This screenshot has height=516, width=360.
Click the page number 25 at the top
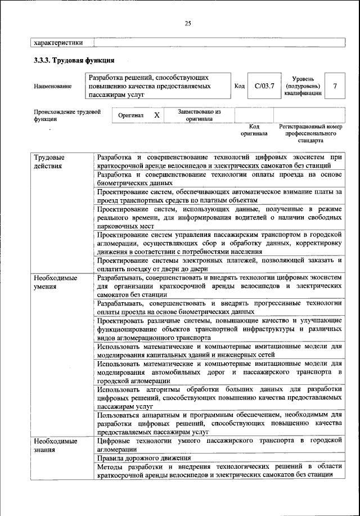click(x=187, y=23)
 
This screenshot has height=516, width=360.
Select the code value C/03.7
click(x=264, y=86)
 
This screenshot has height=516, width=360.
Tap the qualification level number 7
click(x=335, y=86)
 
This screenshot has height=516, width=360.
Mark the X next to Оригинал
click(x=157, y=115)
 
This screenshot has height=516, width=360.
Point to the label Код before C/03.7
click(x=239, y=86)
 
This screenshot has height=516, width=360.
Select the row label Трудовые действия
click(x=49, y=161)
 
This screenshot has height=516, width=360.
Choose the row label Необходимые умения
click(x=55, y=282)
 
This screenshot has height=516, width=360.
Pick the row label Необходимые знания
click(x=55, y=444)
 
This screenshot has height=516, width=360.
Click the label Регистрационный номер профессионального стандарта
click(x=310, y=134)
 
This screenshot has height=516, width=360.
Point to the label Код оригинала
click(x=254, y=131)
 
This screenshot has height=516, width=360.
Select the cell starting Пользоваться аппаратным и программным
click(x=219, y=423)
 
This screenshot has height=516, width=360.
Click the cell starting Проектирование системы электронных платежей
click(x=219, y=264)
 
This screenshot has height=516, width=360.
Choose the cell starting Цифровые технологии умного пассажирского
click(x=219, y=444)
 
